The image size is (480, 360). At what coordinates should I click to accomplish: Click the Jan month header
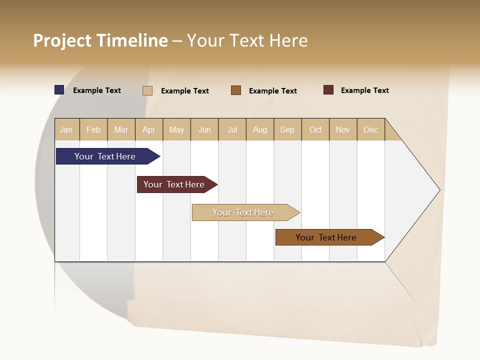pos(66,129)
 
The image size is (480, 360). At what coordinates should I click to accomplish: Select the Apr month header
pos(149,129)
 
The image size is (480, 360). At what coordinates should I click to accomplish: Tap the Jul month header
pos(232,129)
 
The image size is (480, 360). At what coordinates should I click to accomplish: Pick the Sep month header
pos(287,129)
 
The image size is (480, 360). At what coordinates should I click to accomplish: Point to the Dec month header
pos(370,129)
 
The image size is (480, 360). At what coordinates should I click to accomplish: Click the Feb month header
pos(93,129)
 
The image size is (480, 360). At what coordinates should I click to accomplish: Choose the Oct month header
pos(315,129)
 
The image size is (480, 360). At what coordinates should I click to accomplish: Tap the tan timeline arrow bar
pos(243,212)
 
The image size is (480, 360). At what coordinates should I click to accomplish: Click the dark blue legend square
pos(59,90)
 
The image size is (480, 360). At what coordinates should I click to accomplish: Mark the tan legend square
pos(147,90)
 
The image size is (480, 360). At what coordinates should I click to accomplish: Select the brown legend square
pos(236,90)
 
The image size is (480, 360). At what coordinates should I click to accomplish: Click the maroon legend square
pos(328,90)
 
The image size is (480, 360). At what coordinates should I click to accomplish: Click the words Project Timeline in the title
pos(100,40)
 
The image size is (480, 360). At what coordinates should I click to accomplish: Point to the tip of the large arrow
pos(438,190)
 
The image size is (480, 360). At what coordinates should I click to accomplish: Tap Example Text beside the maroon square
pos(364,90)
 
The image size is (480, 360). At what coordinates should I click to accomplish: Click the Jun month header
pos(204,129)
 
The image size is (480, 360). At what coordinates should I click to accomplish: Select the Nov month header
pos(343,129)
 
